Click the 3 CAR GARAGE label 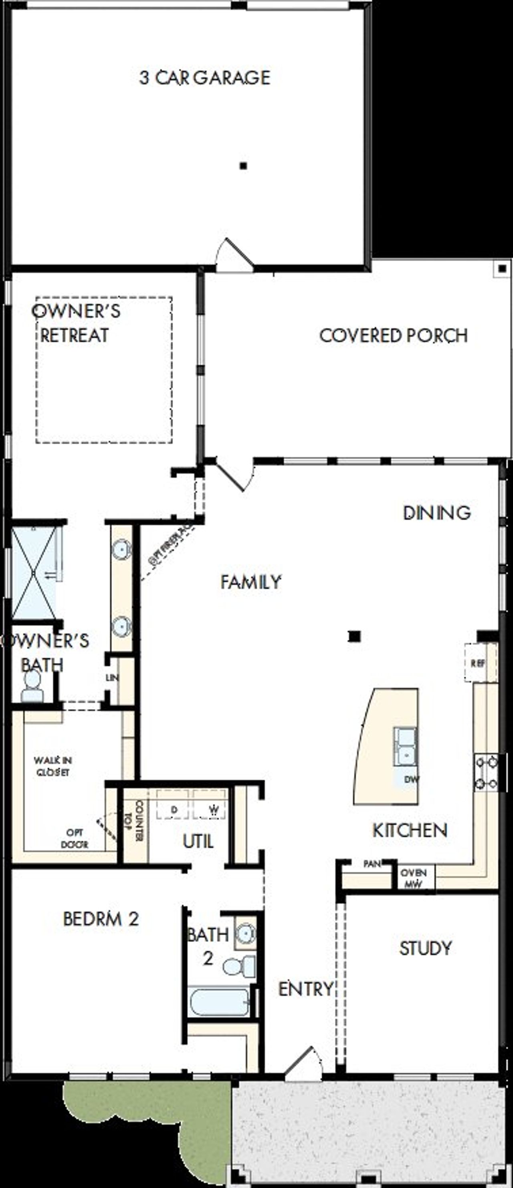(205, 77)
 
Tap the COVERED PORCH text (393, 335)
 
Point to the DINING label (436, 513)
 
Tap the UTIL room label (198, 842)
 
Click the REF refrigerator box (478, 663)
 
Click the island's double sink (405, 746)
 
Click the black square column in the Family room (354, 636)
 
